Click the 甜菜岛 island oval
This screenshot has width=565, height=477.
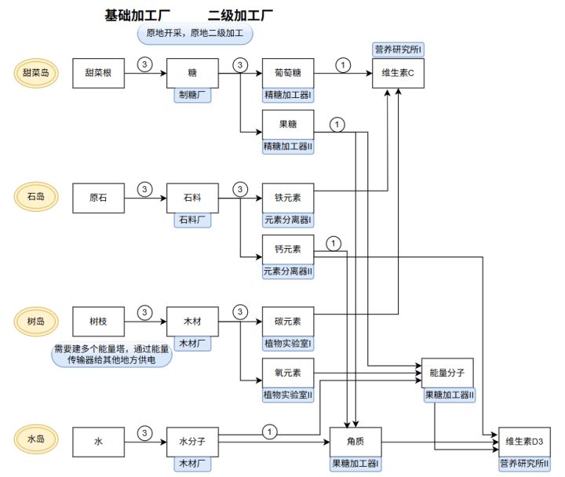click(36, 73)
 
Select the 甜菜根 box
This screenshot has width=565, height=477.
click(99, 73)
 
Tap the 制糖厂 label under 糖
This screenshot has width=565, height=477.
click(192, 96)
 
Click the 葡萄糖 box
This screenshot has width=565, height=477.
click(288, 73)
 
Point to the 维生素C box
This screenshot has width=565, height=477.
click(398, 73)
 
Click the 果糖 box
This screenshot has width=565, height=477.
click(288, 124)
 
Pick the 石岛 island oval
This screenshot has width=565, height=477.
click(36, 197)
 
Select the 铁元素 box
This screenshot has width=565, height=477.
click(288, 197)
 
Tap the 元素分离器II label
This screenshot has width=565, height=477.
click(288, 271)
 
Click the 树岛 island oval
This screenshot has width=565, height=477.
click(36, 321)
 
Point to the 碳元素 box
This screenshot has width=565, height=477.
click(288, 321)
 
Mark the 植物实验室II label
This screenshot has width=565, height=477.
click(288, 395)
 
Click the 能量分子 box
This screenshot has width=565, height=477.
click(447, 373)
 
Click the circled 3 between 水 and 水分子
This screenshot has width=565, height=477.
click(144, 432)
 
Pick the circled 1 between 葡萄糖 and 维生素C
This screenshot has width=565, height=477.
click(342, 64)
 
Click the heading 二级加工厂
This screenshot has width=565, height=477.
click(241, 15)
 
